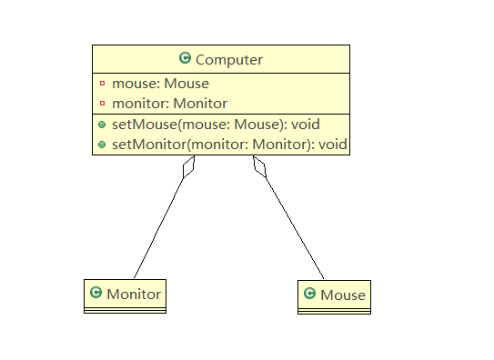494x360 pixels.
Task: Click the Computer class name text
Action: coord(229,59)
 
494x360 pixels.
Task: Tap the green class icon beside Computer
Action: coord(185,58)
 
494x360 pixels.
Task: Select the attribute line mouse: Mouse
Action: coord(160,84)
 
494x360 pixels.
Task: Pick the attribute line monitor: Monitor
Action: coord(169,104)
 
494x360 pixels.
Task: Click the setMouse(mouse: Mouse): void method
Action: coord(216,124)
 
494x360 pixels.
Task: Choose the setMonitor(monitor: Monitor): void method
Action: coord(229,144)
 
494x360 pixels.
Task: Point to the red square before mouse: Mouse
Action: coord(102,84)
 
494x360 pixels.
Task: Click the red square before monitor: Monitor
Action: coord(102,104)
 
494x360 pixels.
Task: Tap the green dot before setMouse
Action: coord(102,124)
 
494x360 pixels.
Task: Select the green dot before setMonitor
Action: coord(102,144)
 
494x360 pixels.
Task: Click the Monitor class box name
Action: coord(134,294)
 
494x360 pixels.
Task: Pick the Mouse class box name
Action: coord(343,295)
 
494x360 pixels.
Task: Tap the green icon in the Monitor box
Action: coord(96,293)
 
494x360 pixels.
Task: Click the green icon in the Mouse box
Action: coord(309,294)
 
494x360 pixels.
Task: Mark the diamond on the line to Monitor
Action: coord(188,166)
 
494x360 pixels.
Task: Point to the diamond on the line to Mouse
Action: coord(259,166)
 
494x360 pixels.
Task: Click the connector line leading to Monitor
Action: coord(159,227)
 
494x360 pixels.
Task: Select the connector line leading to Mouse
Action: coord(293,227)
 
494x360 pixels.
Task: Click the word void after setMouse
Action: coord(305,124)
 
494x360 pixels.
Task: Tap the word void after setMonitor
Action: coord(331,144)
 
